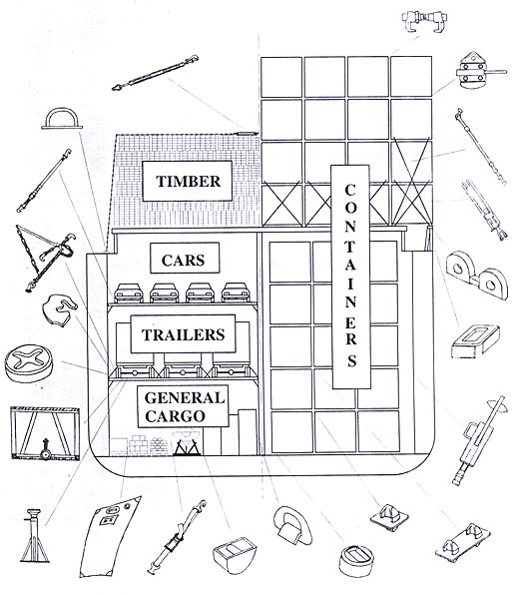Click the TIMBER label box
pos(187,181)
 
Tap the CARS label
pos(185,258)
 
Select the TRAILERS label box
pos(183,333)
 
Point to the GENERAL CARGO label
pos(183,406)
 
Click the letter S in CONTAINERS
pos(351,360)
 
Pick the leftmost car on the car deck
pos(129,293)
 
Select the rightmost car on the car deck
pos(236,293)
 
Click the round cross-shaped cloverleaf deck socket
pos(29,362)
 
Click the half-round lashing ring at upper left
pos(62,119)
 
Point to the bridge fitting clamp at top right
pos(424,21)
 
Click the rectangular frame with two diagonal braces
pos(45,433)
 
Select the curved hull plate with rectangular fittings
pos(110,536)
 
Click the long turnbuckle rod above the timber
pos(155,73)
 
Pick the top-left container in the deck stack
pos(281,77)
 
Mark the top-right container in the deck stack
pos(411,77)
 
